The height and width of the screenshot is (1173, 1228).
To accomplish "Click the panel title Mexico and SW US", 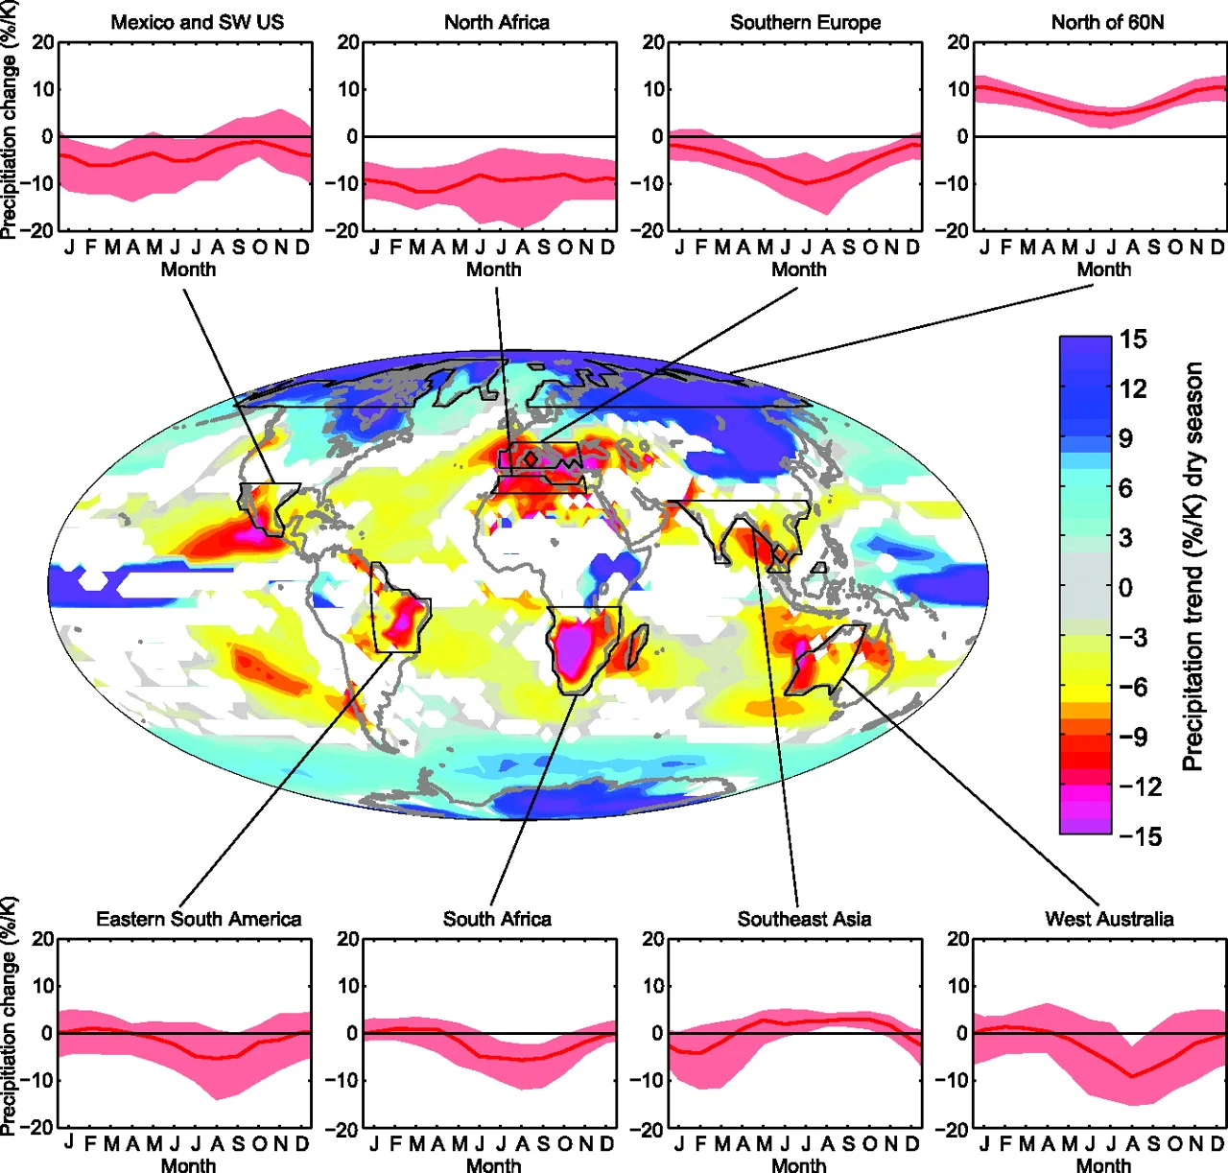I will coord(198,22).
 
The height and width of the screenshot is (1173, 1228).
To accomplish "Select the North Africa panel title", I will coord(497,22).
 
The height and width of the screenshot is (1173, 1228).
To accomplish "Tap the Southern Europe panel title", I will coord(805,22).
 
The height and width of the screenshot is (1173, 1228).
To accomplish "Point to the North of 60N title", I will coord(1107,22).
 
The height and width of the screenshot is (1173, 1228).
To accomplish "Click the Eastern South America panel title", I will coord(199,919).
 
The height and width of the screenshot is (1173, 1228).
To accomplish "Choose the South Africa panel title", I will coord(497,919).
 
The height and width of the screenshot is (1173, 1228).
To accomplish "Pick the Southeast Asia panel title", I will coord(804,919).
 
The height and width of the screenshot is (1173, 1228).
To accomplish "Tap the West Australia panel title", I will coord(1109,919).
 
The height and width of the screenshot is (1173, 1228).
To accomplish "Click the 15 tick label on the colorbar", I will coord(1133,340).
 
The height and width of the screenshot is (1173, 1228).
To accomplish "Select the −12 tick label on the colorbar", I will coord(1140,786).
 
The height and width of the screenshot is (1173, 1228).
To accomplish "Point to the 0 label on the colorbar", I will coord(1125,587).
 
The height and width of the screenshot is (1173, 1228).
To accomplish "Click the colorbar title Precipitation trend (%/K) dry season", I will coord(1193,566).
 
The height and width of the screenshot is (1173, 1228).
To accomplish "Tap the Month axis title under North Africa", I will coord(493,270).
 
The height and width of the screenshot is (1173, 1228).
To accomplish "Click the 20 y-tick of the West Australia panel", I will coord(957,939).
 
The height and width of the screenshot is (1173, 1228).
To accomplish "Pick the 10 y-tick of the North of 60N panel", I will coord(957,89).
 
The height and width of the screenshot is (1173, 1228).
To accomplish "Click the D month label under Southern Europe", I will coord(912,247).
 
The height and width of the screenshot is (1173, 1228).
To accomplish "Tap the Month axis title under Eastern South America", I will coord(188,1165).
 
